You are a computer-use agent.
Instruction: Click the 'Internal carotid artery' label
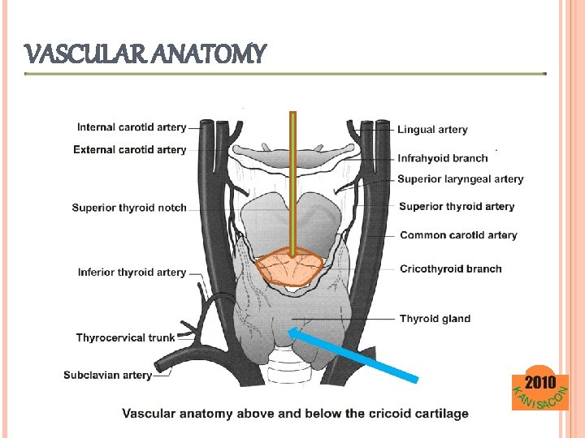tap(132, 127)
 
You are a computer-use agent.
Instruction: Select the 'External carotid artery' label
tap(130, 149)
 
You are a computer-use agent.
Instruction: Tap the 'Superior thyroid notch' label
tap(129, 208)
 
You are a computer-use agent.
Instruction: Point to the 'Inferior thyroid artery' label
tap(132, 273)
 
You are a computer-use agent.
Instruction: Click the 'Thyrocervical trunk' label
tap(125, 337)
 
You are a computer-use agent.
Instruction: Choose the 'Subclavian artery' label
tap(108, 375)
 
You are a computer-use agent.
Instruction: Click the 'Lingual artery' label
tap(432, 129)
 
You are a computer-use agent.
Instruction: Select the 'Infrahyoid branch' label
tap(443, 158)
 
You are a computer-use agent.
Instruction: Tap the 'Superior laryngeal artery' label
tap(461, 178)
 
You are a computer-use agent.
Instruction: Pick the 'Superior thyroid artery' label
tap(457, 206)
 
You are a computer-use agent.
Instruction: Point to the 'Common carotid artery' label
tap(458, 235)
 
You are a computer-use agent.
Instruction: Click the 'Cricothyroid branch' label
tap(451, 268)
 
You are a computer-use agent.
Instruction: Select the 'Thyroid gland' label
tap(435, 319)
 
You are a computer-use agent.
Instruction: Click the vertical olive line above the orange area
tap(292, 178)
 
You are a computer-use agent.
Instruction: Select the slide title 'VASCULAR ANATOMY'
tap(146, 55)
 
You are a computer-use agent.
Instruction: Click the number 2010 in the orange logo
tap(540, 382)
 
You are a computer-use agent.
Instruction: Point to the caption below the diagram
tap(295, 414)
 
